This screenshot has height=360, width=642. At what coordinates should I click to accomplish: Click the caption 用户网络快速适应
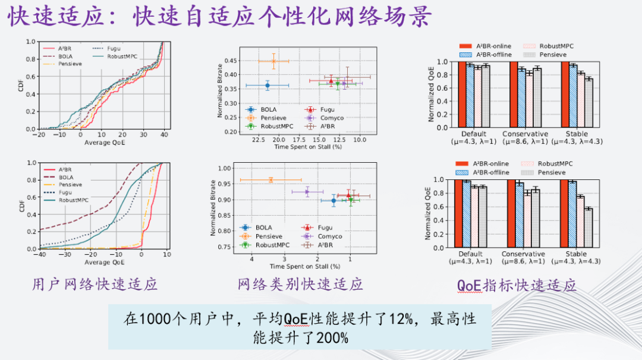(95, 285)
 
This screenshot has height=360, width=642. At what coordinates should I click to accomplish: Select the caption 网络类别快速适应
(301, 285)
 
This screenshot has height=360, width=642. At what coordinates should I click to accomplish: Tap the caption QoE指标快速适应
(517, 285)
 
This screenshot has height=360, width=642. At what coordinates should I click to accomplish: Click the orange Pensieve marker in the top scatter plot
(273, 61)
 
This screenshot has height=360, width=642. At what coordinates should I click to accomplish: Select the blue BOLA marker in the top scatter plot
(267, 86)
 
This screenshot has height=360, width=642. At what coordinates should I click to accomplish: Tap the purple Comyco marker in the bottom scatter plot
(307, 191)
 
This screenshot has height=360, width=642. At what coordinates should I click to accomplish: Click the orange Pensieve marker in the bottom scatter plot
(270, 180)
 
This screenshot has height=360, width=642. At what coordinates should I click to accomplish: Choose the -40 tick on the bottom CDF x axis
(40, 255)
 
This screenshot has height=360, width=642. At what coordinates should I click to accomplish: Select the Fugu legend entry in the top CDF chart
(115, 48)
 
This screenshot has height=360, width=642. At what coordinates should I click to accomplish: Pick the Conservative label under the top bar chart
(525, 134)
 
